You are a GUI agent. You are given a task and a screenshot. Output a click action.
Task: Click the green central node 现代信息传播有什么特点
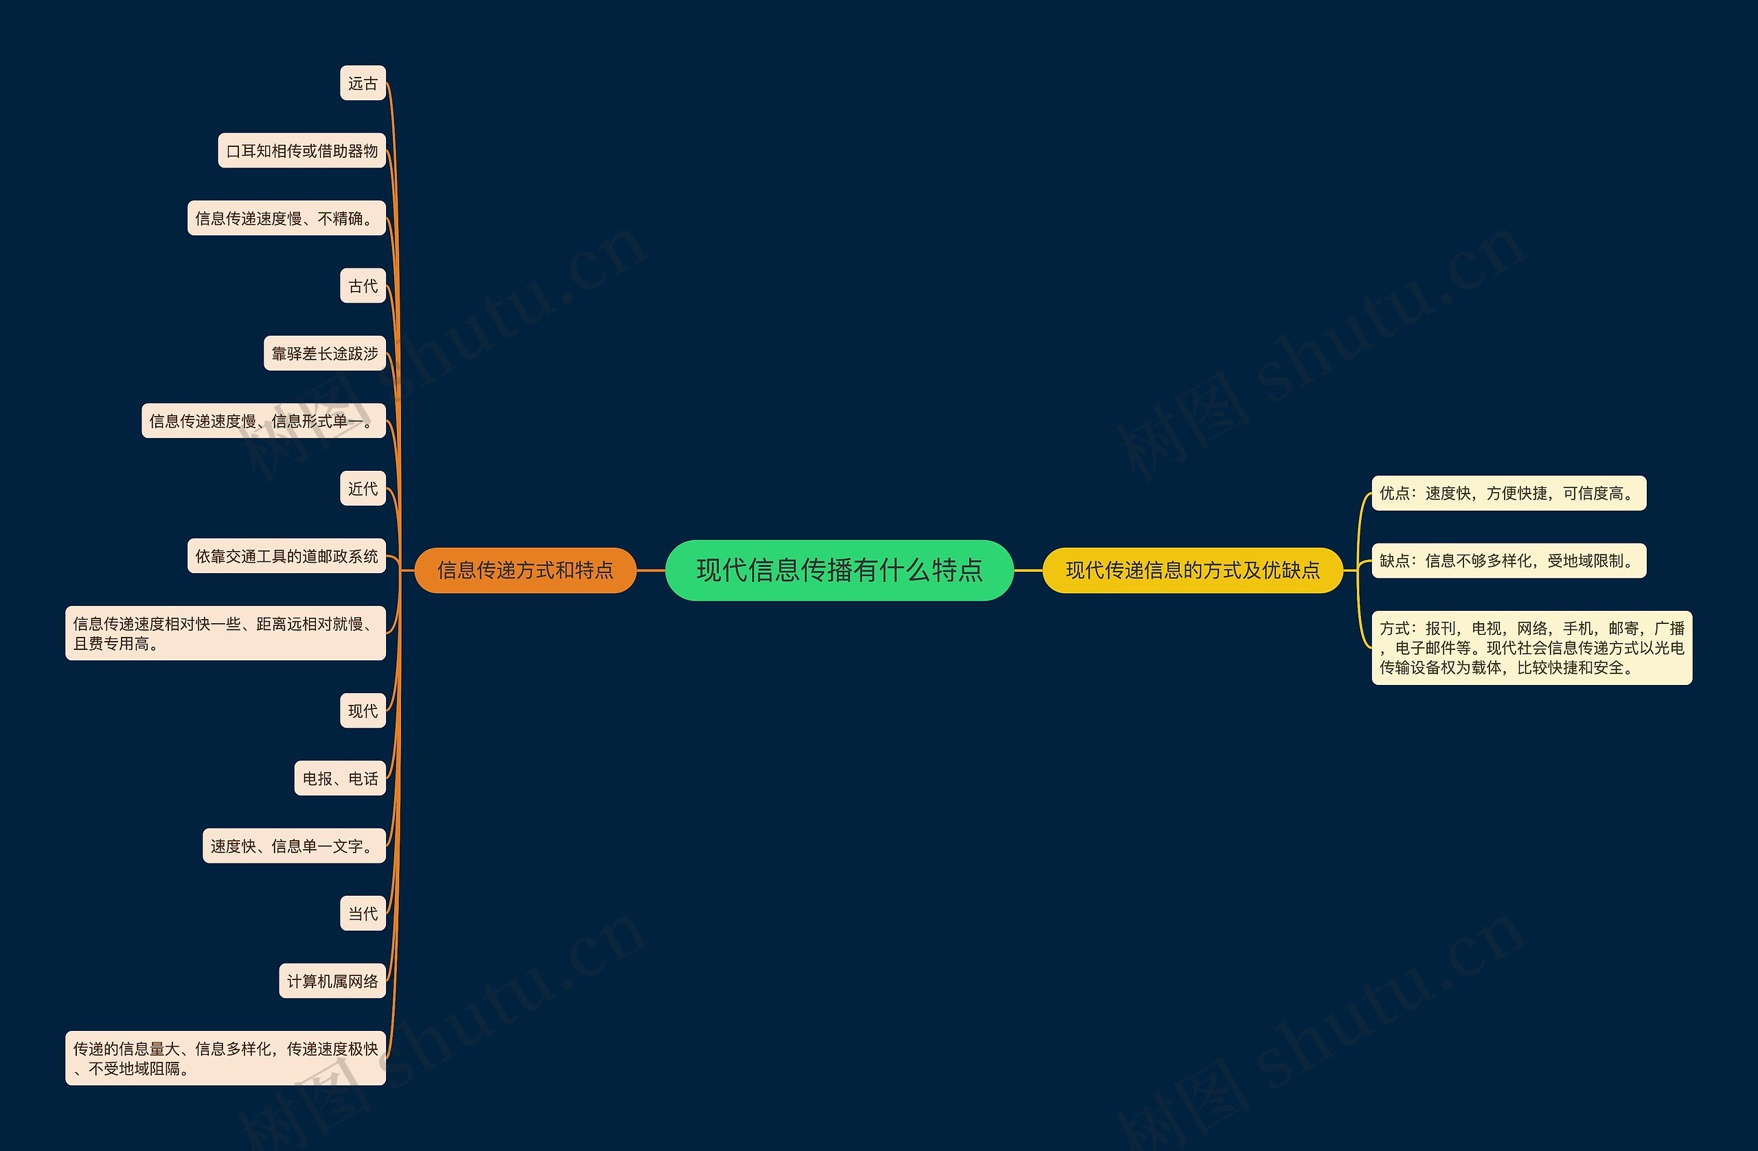(x=839, y=570)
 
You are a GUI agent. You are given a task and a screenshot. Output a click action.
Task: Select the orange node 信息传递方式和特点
(x=525, y=570)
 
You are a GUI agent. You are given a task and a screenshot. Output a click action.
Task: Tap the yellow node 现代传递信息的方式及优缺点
(x=1192, y=570)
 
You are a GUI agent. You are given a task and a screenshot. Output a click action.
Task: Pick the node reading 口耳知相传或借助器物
(x=302, y=150)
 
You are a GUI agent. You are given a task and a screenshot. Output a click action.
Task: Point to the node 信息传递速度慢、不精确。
(x=286, y=218)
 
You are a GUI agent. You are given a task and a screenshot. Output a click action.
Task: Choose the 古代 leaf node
(x=363, y=286)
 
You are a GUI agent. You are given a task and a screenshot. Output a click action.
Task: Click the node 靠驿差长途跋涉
(x=325, y=353)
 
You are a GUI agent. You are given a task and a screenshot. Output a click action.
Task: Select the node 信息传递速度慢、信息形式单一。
(x=264, y=421)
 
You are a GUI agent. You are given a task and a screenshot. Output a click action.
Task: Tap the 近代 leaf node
(x=363, y=489)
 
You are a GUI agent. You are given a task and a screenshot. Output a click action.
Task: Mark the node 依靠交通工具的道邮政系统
(x=286, y=556)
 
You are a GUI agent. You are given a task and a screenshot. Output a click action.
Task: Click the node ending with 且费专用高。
(x=225, y=633)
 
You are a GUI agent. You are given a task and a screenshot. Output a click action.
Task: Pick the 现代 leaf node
(x=363, y=710)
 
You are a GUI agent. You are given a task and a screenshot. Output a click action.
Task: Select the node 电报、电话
(x=340, y=778)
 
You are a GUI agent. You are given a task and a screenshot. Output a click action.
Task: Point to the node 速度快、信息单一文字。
(x=294, y=846)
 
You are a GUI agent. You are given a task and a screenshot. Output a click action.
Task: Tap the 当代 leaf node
(x=363, y=914)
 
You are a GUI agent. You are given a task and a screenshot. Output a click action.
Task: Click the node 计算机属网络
(x=332, y=981)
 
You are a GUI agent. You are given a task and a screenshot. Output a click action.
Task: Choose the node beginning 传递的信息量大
(x=225, y=1058)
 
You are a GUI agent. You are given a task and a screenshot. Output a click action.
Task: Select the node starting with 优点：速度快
(x=1508, y=493)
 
